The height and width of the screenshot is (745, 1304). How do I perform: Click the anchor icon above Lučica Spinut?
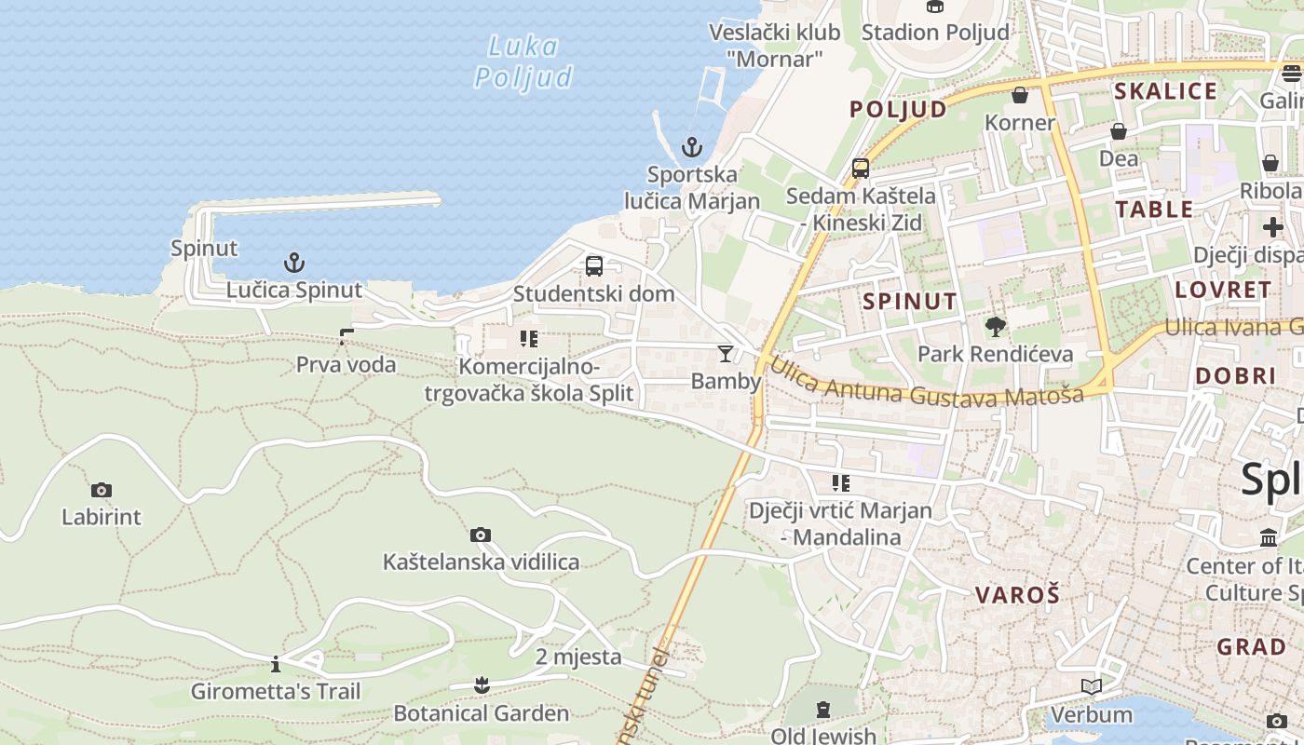pyautogui.click(x=294, y=263)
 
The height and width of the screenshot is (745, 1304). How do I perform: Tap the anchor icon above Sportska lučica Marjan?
pyautogui.click(x=691, y=147)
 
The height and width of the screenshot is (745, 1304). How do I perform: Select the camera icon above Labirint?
pyautogui.click(x=102, y=490)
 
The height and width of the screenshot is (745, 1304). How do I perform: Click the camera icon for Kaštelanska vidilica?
pyautogui.click(x=481, y=535)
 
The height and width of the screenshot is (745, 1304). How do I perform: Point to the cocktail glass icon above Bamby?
pyautogui.click(x=726, y=354)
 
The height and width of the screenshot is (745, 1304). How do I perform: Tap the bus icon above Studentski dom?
pyautogui.click(x=594, y=266)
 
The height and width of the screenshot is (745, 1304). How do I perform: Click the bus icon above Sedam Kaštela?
pyautogui.click(x=861, y=169)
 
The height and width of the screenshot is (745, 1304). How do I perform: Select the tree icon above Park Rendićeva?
pyautogui.click(x=996, y=326)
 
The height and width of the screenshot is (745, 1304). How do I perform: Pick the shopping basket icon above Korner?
pyautogui.click(x=1020, y=95)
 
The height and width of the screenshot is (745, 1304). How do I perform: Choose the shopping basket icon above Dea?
pyautogui.click(x=1119, y=131)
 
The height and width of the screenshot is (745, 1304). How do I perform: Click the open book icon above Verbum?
pyautogui.click(x=1092, y=687)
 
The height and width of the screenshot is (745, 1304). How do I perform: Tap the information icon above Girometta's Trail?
pyautogui.click(x=276, y=664)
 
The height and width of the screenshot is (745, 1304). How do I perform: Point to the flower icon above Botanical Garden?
pyautogui.click(x=481, y=686)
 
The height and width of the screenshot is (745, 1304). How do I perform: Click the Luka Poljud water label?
pyautogui.click(x=523, y=61)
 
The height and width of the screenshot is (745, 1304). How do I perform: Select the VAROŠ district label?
pyautogui.click(x=1017, y=595)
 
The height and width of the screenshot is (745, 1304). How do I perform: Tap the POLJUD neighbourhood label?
pyautogui.click(x=898, y=109)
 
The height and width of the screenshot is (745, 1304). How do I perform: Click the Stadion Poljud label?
pyautogui.click(x=935, y=33)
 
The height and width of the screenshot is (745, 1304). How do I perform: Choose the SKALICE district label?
pyautogui.click(x=1165, y=91)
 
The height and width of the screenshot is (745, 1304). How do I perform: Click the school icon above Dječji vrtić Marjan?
pyautogui.click(x=841, y=483)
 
